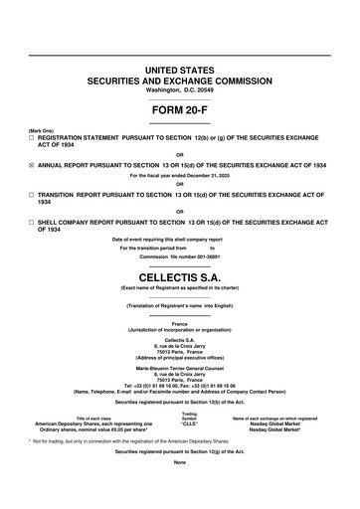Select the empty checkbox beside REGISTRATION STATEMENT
tap(32, 136)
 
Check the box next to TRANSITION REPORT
tap(32, 195)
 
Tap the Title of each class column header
tap(85, 419)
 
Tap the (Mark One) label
tap(41, 129)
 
